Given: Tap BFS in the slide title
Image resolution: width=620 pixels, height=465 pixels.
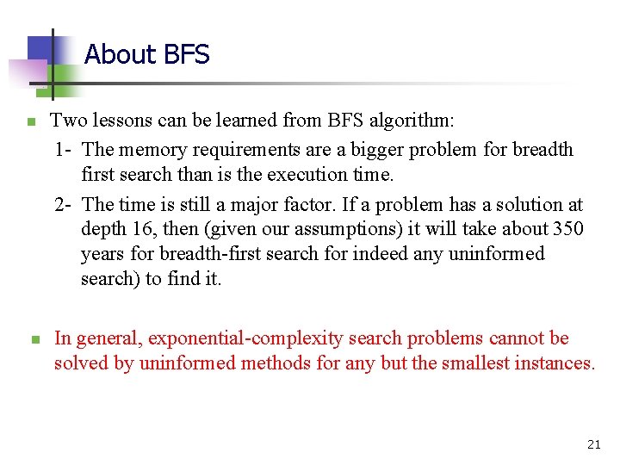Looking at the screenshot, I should point(184,55).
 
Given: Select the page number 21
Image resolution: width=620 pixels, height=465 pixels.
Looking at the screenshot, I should point(593,444).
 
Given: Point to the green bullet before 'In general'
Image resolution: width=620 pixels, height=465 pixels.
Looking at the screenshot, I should point(35,340).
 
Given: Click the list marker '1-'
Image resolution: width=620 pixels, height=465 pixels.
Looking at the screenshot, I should point(63,150).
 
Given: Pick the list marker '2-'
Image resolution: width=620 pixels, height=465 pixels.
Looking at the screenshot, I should point(63,205).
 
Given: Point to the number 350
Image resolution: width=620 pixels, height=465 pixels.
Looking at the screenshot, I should point(567,230).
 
